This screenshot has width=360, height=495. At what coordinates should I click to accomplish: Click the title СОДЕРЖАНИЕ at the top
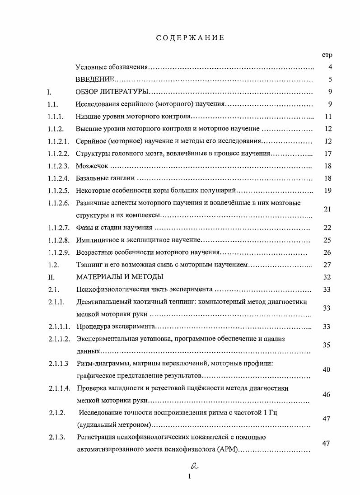coord(190,38)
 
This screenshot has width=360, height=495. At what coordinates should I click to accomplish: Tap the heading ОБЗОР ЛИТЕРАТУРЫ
coord(111,92)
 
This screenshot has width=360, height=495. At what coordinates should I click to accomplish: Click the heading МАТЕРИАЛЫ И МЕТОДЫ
coord(120,276)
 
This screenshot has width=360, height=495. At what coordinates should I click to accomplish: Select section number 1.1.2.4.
coord(59,178)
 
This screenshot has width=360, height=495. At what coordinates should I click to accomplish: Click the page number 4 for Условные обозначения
coord(330,67)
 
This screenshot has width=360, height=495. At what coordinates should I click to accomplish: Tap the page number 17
coord(328,154)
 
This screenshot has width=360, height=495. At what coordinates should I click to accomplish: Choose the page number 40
coord(327,369)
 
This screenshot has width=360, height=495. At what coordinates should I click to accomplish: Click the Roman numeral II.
coord(51,276)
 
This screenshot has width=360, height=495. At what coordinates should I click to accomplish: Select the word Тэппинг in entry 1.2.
coord(89,264)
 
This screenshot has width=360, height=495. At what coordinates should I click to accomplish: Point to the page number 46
coord(327,394)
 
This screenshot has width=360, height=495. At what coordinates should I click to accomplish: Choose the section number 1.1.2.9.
coord(59,252)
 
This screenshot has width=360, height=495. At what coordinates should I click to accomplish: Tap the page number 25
coord(328,240)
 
